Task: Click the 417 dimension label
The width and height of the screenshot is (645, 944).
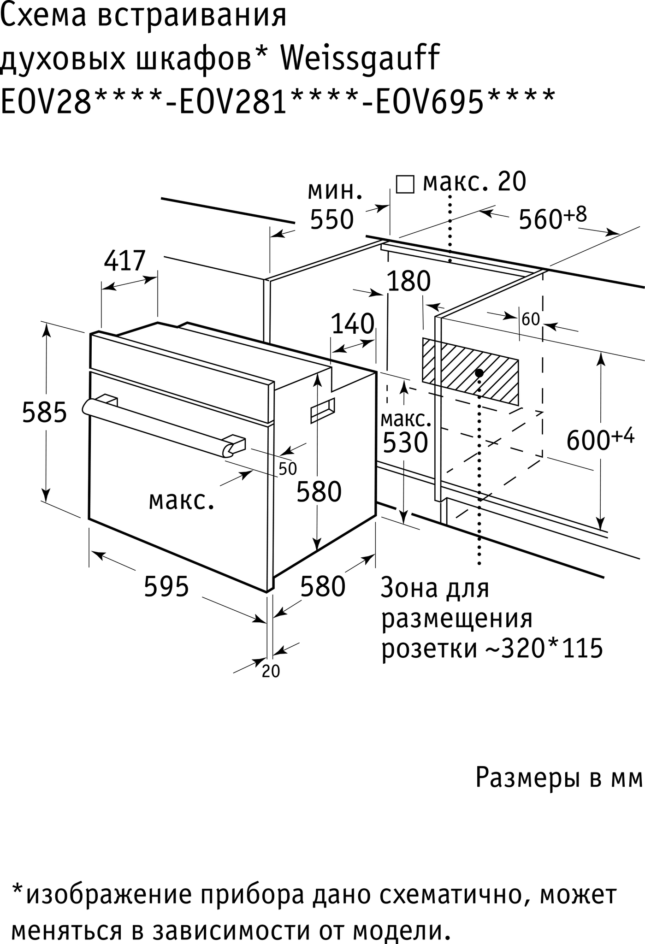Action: (124, 262)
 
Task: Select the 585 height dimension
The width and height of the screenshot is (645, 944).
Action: (45, 412)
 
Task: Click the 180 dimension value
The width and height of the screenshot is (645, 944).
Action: (408, 281)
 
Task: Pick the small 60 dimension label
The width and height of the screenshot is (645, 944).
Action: (530, 319)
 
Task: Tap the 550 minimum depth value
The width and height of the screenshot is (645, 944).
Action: (331, 219)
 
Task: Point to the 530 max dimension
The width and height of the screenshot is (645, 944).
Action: (406, 443)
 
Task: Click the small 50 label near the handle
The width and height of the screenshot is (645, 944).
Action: (288, 469)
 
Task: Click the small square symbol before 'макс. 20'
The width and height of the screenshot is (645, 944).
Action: (405, 184)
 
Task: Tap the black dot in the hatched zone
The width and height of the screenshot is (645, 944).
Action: (479, 372)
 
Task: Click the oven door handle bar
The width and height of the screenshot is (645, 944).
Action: (157, 427)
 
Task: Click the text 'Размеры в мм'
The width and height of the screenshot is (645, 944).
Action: (559, 779)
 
